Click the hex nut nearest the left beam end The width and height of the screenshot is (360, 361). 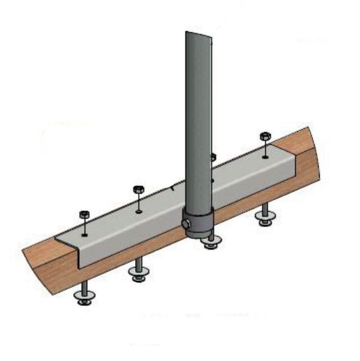84,215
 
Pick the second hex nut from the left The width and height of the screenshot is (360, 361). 138,189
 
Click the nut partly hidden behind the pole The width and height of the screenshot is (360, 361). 213,157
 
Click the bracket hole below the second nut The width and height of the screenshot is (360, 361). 138,212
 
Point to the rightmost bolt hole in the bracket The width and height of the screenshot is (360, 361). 265,157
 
